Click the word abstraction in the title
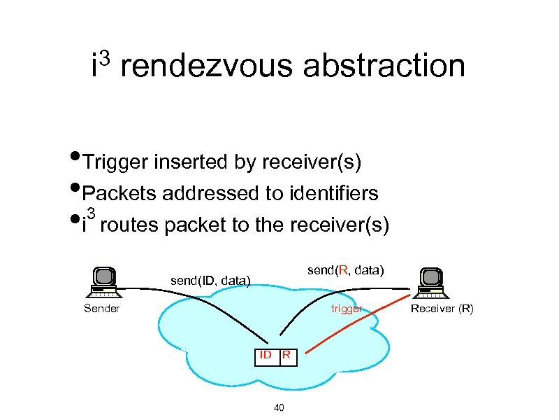click(x=384, y=66)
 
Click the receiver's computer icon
click(x=430, y=283)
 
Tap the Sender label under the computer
click(x=102, y=309)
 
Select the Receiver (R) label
click(x=442, y=309)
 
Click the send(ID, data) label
click(x=210, y=281)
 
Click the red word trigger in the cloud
click(x=347, y=309)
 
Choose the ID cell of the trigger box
click(x=266, y=356)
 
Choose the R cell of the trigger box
click(x=286, y=356)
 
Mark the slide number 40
click(x=279, y=407)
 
